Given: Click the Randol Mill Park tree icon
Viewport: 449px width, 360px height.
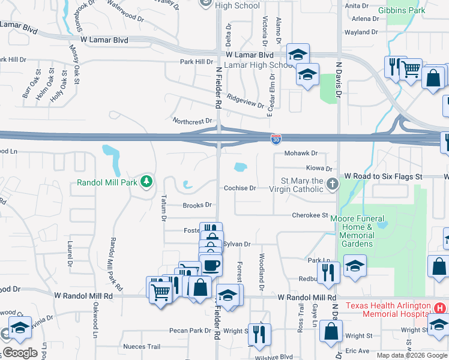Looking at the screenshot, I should click(145, 181).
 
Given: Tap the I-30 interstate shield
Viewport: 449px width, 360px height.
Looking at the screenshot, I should click(276, 140).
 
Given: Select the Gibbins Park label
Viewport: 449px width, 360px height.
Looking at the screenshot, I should click(405, 10).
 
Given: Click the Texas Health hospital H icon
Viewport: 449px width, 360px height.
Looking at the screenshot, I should click(440, 308).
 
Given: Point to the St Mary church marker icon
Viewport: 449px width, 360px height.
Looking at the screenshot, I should click(334, 185).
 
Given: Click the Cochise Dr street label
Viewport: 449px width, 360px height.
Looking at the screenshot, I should click(240, 188).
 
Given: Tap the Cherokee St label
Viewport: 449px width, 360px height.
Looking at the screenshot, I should click(310, 215).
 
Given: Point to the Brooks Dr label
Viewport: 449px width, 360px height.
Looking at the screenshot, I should click(197, 205).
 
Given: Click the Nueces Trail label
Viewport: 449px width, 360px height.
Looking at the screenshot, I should click(142, 346).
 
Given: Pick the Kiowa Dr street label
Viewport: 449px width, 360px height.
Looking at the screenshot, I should click(319, 169).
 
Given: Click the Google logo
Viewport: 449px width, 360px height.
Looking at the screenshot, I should click(20, 353).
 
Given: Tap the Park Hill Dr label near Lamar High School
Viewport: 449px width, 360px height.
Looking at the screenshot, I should click(197, 61).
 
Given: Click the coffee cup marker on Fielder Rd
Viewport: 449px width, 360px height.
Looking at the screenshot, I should click(210, 264).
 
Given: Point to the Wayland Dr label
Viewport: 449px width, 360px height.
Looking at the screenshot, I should click(361, 32).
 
